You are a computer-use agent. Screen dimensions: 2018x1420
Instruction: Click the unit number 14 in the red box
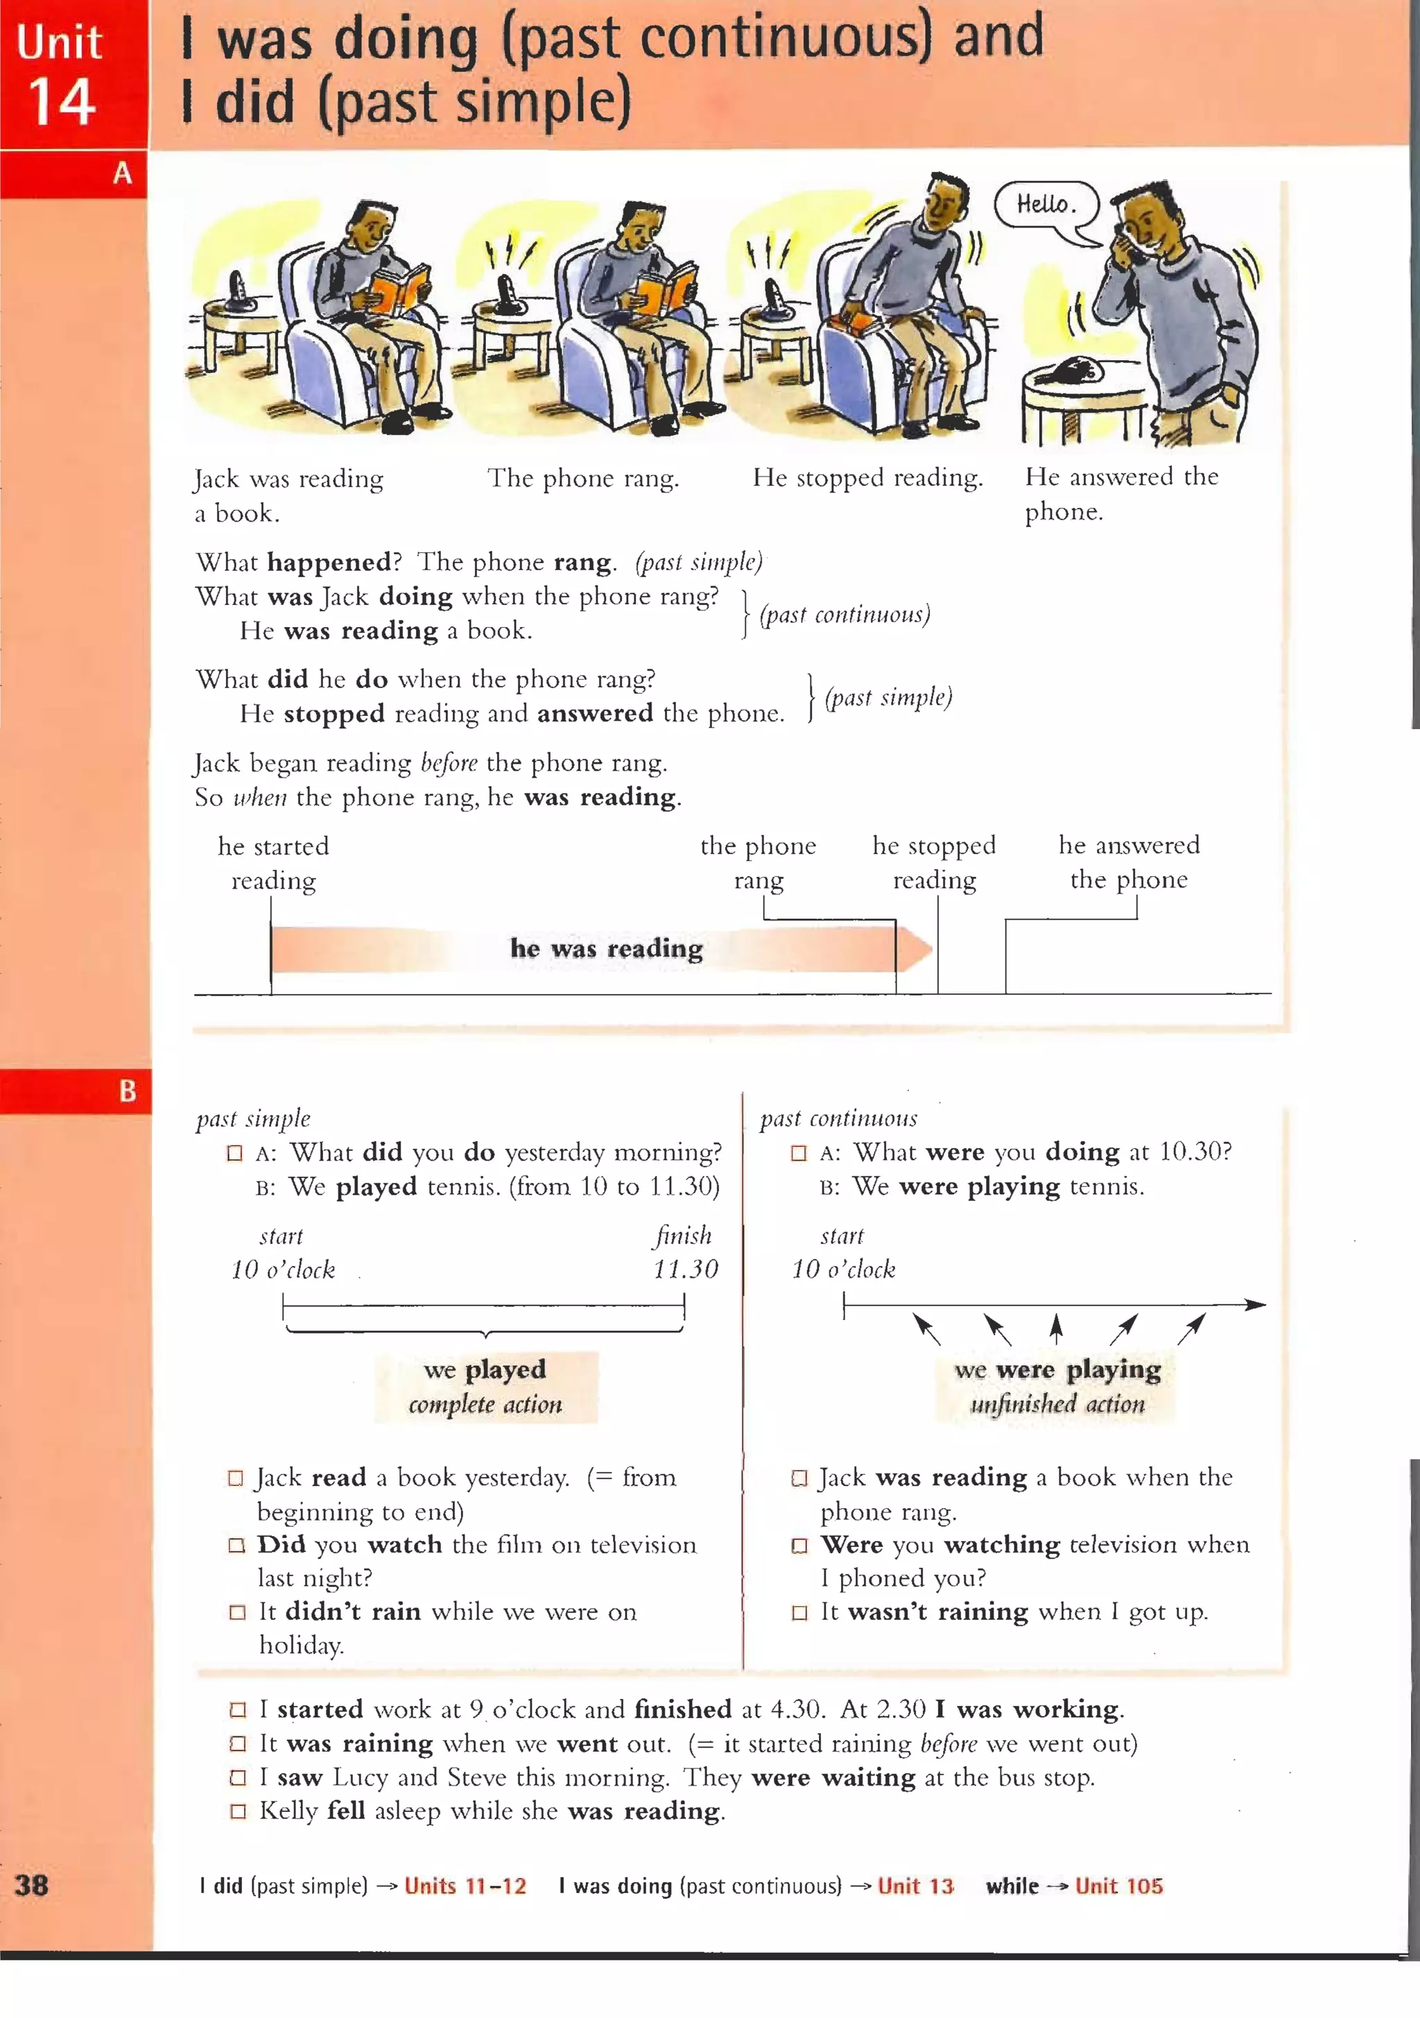62,102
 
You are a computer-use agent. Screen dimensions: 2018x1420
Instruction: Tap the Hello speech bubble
1046,205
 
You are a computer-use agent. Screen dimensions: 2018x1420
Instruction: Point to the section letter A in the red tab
122,173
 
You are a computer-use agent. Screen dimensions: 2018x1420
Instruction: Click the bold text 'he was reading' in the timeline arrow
606,948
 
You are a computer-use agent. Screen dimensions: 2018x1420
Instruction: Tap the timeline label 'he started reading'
273,863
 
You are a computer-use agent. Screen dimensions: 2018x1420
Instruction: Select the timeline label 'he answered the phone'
1128,862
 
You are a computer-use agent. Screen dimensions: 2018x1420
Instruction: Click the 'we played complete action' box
486,1386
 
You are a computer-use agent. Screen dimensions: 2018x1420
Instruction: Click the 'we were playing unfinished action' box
1057,1386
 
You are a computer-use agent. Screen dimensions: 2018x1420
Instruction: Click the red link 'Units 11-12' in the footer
465,1886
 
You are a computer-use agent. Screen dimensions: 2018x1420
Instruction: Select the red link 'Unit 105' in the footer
1118,1886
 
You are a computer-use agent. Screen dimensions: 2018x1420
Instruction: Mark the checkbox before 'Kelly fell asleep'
237,1811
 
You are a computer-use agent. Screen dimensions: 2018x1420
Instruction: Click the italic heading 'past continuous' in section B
838,1118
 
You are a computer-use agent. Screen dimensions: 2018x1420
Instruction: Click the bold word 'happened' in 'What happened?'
329,562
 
